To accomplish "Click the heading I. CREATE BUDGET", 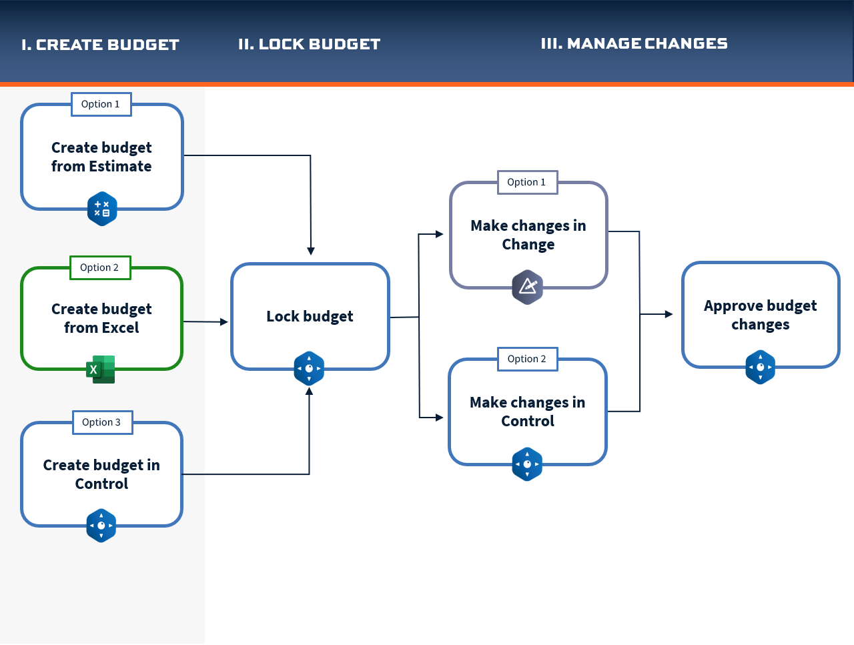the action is coord(100,45).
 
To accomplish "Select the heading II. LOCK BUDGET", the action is coord(310,44).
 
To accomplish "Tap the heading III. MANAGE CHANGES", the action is coord(634,43).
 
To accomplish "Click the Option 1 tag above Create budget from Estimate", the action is coord(101,104).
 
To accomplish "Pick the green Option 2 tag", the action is coord(100,267).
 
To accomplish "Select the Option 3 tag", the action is coord(103,422).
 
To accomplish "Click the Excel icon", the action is coord(101,370).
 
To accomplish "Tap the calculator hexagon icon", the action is coord(102,208).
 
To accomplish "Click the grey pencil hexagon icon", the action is coord(528,287).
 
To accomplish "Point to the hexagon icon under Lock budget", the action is coord(310,368).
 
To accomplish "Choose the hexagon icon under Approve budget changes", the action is coord(760,367).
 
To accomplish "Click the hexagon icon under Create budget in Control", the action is coord(101,525).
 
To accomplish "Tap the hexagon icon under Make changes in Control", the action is coord(527,464).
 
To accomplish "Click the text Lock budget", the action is coord(310,316).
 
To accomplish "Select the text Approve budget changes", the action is coord(760,315).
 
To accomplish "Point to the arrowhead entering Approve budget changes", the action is coord(669,314).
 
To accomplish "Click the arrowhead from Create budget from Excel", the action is coord(224,322).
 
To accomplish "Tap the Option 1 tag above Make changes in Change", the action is coord(528,182).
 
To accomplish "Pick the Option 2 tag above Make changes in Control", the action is coord(528,359).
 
